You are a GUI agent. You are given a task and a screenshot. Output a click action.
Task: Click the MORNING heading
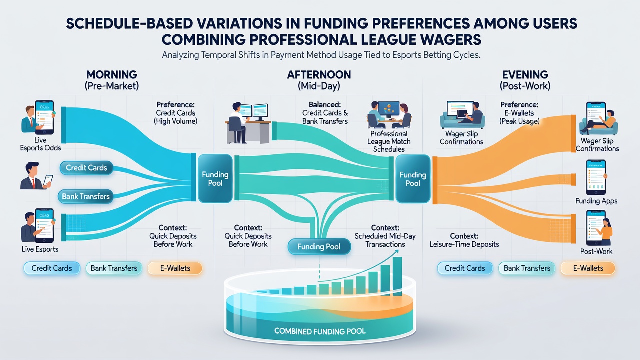(x=111, y=75)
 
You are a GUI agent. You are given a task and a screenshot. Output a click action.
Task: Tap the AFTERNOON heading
(x=319, y=75)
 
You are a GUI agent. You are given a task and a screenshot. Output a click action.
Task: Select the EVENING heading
(x=525, y=75)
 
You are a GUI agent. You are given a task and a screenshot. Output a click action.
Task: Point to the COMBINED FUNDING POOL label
(x=320, y=331)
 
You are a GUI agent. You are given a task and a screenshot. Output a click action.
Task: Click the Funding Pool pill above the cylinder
(x=319, y=247)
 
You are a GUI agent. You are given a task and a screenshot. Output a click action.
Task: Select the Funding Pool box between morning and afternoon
(x=215, y=179)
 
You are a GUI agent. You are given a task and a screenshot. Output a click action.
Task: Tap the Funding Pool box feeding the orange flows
(x=413, y=179)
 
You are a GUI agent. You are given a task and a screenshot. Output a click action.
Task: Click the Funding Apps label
(x=596, y=201)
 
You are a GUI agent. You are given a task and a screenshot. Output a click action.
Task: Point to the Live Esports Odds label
(x=40, y=144)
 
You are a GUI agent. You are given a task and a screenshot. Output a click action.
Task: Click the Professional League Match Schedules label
(x=389, y=141)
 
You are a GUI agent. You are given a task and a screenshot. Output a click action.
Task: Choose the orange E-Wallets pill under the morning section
(x=175, y=268)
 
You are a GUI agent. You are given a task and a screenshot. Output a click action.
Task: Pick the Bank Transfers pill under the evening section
(x=527, y=268)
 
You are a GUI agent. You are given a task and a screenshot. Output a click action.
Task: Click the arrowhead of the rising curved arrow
(x=396, y=251)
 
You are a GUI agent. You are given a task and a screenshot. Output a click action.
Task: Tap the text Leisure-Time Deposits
(x=464, y=244)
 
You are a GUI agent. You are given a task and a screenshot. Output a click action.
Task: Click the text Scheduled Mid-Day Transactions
(x=385, y=240)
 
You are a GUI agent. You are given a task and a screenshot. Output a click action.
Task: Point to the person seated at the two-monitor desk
(x=238, y=123)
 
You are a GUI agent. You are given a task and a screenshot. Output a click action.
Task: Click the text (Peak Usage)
(x=519, y=121)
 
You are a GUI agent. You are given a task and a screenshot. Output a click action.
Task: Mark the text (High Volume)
(x=175, y=121)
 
